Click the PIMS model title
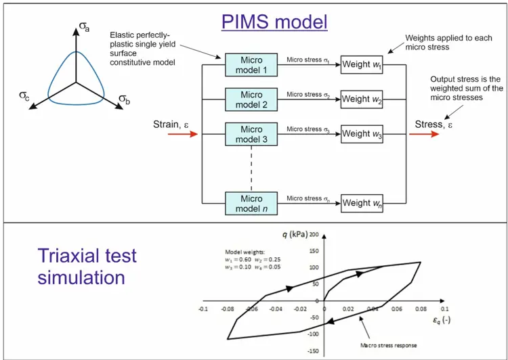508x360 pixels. pos(274,22)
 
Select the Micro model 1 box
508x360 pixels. pos(251,65)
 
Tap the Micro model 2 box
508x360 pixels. pos(251,99)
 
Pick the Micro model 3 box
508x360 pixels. pos(251,134)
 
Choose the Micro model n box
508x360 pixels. pos(251,203)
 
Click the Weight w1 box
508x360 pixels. pos(362,65)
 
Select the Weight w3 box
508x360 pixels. pos(362,134)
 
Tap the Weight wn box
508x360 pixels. pos(362,203)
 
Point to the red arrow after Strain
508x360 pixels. pos(183,134)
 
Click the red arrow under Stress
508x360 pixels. pos(424,134)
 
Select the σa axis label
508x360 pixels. pos(84,27)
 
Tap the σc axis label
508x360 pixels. pos(24,96)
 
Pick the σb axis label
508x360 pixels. pos(125,99)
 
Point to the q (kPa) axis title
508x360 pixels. pos(294,235)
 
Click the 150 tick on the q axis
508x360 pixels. pos(314,251)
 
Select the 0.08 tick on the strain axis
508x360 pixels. pos(421,309)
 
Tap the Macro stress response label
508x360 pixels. pos(389,345)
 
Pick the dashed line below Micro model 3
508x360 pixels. pos(251,168)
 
